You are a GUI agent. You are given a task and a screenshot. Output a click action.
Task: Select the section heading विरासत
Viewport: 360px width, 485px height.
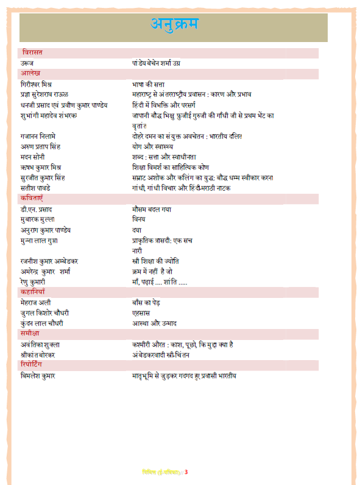tap(32, 53)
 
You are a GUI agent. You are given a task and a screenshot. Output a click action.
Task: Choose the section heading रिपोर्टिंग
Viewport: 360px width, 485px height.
tap(35, 365)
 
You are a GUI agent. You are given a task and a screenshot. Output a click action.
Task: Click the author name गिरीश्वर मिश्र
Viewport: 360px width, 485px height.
tap(40, 84)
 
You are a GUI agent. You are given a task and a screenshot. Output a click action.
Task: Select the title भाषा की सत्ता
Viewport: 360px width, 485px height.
tap(149, 84)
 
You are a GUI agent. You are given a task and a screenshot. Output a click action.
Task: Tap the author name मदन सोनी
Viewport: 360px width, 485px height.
tap(35, 157)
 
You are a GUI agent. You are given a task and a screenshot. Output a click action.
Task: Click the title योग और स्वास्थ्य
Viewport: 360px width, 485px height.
tap(152, 146)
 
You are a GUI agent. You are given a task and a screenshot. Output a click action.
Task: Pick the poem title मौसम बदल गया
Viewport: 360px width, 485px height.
tap(152, 209)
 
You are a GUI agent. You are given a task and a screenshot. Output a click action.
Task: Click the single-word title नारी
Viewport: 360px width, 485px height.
tap(137, 250)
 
